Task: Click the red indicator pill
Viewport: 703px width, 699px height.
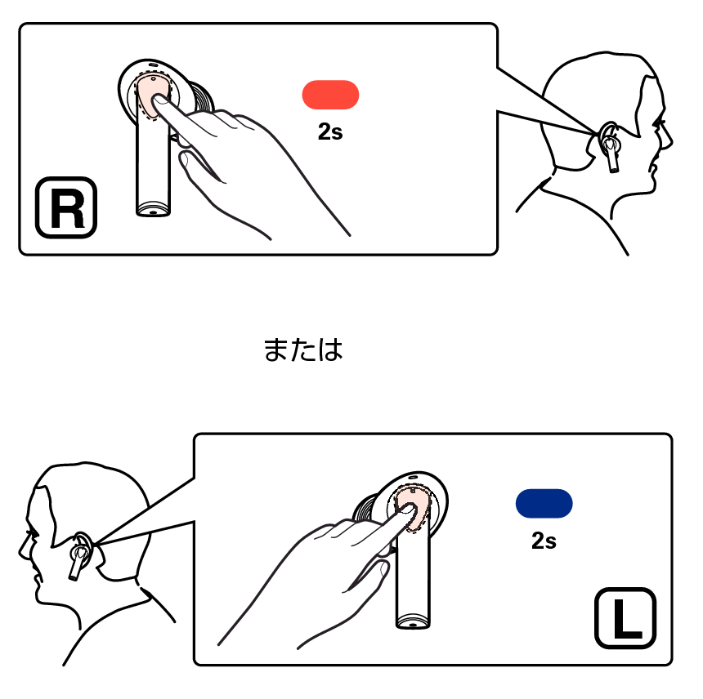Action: tap(330, 95)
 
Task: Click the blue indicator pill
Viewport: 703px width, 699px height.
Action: tap(544, 503)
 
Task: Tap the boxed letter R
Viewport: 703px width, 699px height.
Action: tap(66, 207)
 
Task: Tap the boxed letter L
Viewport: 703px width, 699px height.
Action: tap(625, 618)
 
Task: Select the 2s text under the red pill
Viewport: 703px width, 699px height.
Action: tap(330, 131)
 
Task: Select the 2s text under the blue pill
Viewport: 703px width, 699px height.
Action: tap(544, 541)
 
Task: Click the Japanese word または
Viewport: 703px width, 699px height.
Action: tap(303, 349)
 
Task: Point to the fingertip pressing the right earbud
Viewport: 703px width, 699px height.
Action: tap(159, 99)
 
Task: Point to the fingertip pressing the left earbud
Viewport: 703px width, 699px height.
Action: tap(406, 508)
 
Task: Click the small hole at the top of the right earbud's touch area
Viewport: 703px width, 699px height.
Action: tap(154, 79)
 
